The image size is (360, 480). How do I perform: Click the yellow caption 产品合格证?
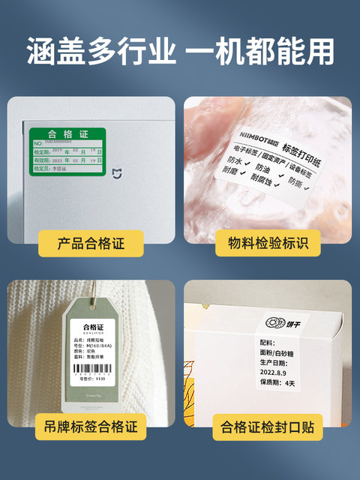[91, 243]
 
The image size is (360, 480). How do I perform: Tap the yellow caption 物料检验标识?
[268, 243]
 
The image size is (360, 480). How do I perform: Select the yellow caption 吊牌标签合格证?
[91, 428]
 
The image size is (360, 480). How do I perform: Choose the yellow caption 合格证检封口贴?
[268, 428]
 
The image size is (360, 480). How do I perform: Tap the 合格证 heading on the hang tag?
[94, 328]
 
